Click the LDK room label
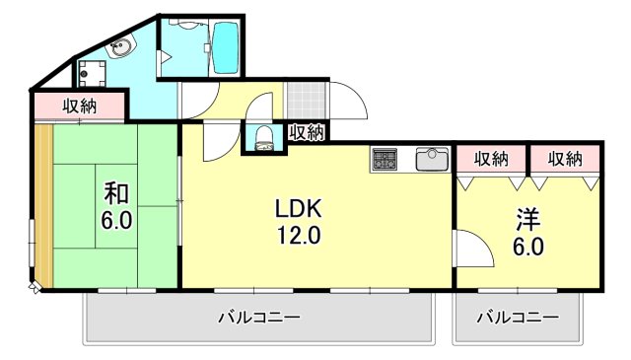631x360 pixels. pyautogui.click(x=298, y=208)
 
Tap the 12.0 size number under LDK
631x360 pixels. pyautogui.click(x=298, y=235)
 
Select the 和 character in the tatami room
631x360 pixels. pyautogui.click(x=116, y=193)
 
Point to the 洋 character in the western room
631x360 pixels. pyautogui.click(x=528, y=220)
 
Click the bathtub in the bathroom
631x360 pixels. pyautogui.click(x=226, y=47)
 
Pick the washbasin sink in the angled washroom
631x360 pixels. pyautogui.click(x=120, y=47)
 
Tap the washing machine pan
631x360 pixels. pyautogui.click(x=92, y=74)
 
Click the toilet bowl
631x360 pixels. pyautogui.click(x=264, y=138)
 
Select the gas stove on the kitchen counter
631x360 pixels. pyautogui.click(x=385, y=159)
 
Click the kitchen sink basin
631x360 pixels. pyautogui.click(x=432, y=160)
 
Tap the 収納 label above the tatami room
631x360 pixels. pyautogui.click(x=80, y=107)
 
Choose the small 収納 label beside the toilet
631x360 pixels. pyautogui.click(x=308, y=132)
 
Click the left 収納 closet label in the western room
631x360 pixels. pyautogui.click(x=491, y=160)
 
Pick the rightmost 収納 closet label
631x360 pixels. pyautogui.click(x=565, y=160)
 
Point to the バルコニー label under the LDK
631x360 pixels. pyautogui.click(x=259, y=318)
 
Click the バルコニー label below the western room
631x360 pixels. pyautogui.click(x=518, y=318)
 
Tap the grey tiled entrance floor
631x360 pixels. pyautogui.click(x=306, y=101)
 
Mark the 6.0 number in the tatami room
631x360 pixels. pyautogui.click(x=116, y=220)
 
